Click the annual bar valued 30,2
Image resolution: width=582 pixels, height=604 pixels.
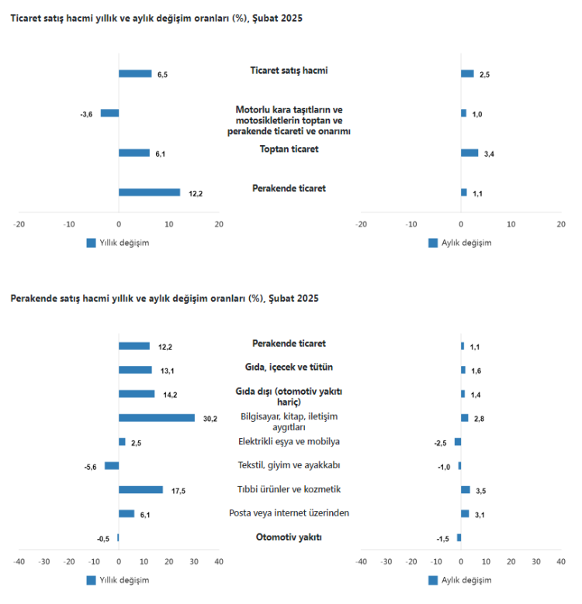(x=156, y=418)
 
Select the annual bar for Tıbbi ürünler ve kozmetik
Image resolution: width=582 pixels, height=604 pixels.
(x=140, y=490)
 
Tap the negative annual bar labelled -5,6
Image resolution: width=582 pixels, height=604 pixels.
(x=112, y=466)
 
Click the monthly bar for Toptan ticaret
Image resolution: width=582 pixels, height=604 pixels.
(x=469, y=153)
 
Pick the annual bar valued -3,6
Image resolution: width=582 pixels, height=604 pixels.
(x=109, y=113)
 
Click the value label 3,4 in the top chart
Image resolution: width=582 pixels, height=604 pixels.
(x=490, y=154)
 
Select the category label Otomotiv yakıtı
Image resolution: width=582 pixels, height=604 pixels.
(x=289, y=537)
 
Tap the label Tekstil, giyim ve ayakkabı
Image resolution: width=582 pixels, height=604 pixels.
(x=289, y=465)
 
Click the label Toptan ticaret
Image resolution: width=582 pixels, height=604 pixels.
(x=289, y=149)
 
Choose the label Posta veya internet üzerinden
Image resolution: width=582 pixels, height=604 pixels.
(x=289, y=513)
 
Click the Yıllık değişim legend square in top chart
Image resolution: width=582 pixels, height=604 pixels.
(x=92, y=243)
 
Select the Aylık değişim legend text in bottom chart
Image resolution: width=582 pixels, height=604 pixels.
(x=466, y=580)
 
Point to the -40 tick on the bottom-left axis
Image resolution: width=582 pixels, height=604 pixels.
(x=19, y=561)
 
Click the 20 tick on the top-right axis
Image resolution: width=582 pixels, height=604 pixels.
(x=561, y=224)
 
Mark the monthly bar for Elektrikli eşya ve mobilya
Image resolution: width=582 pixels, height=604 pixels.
(x=458, y=442)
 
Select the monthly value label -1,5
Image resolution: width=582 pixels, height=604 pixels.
(x=442, y=539)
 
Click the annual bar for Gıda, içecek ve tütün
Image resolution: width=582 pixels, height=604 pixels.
(x=135, y=370)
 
